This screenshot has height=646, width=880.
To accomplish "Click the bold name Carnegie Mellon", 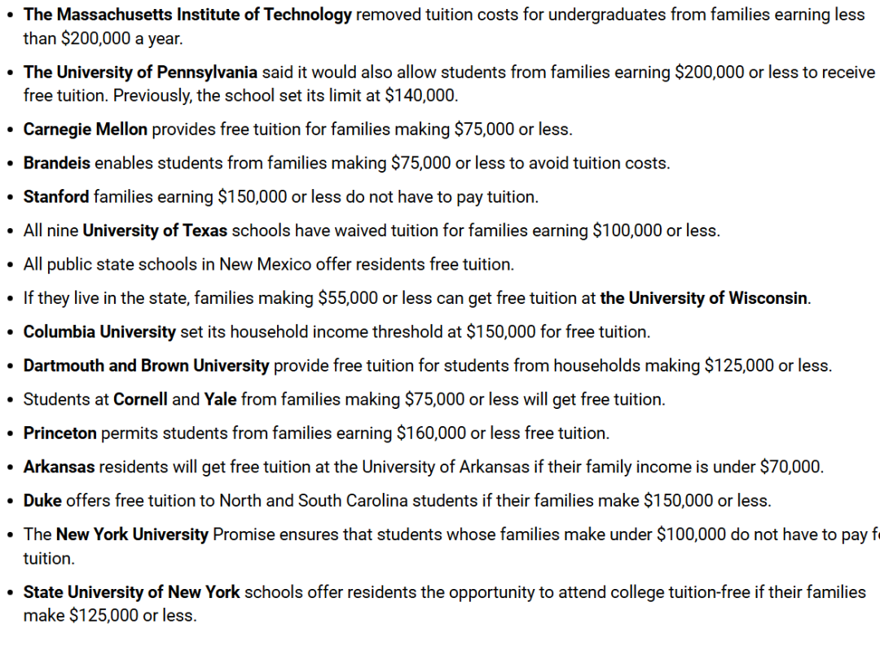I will pos(86,129).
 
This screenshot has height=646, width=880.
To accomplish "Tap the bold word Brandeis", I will pos(57,163).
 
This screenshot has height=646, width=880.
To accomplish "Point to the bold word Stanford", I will pos(56,196).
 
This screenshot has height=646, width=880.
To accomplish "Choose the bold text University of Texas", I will pos(155,231).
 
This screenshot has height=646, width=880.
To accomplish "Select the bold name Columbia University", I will pos(99,332).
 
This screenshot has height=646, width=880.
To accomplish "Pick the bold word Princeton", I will pos(60,433).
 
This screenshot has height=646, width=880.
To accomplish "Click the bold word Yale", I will pos(220,399).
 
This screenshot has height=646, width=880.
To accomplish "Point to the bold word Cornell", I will pos(141,399).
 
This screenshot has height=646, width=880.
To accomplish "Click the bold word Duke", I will pos(42,500).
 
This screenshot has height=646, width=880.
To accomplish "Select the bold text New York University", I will pos(132,534).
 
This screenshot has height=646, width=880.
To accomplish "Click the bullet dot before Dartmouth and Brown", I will pos(10,367).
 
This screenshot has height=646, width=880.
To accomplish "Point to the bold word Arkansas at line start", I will pos(59,467).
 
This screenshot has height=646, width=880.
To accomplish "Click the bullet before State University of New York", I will pos(10,593).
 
